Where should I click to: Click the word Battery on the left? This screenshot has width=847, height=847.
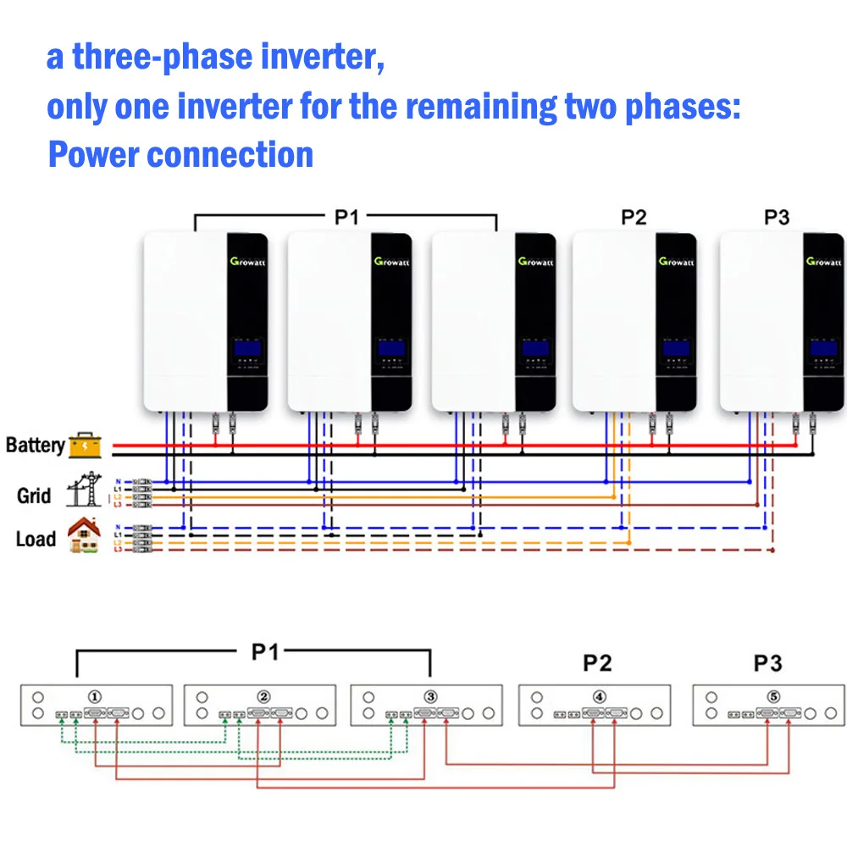point(35,445)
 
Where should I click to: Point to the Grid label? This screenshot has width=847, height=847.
point(34,495)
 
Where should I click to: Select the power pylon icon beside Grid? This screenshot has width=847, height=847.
point(85,490)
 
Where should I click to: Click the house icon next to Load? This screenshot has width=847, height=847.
point(83,536)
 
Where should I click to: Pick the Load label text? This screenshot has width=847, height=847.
point(36,539)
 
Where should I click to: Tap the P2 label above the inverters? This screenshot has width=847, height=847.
point(634,218)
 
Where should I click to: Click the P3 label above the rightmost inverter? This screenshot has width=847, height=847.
point(777,218)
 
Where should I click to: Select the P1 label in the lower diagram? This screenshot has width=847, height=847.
point(264,652)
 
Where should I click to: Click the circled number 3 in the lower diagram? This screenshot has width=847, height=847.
point(430,696)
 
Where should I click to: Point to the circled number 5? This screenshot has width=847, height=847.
point(772,696)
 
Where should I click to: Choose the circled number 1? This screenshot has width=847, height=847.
point(96,696)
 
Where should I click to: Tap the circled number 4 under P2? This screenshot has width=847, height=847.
point(600,696)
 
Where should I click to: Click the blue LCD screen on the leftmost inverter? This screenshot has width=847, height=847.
point(246,347)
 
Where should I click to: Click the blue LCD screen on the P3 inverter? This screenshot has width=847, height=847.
point(822,347)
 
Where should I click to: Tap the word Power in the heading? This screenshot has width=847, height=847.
point(92,155)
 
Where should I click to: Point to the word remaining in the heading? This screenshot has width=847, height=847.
point(481,108)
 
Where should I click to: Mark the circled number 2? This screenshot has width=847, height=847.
point(264,696)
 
